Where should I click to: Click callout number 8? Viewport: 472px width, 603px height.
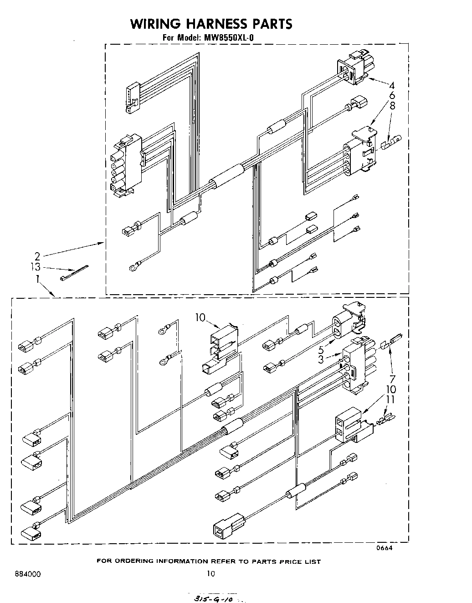[392, 106]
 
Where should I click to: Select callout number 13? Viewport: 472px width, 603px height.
[36, 267]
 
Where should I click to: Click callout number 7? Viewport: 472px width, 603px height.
[392, 378]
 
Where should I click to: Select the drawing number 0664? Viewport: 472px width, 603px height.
[384, 548]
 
